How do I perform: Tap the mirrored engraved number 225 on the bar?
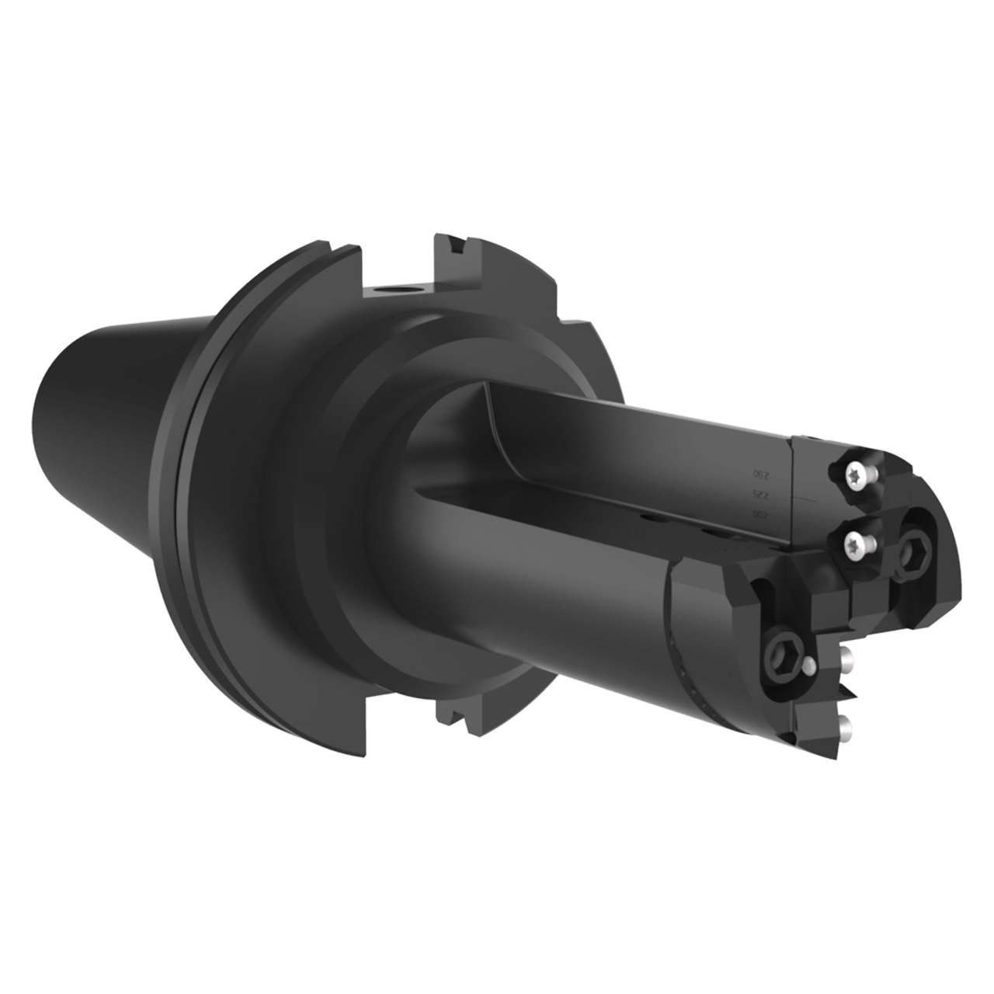tap(752, 495)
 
